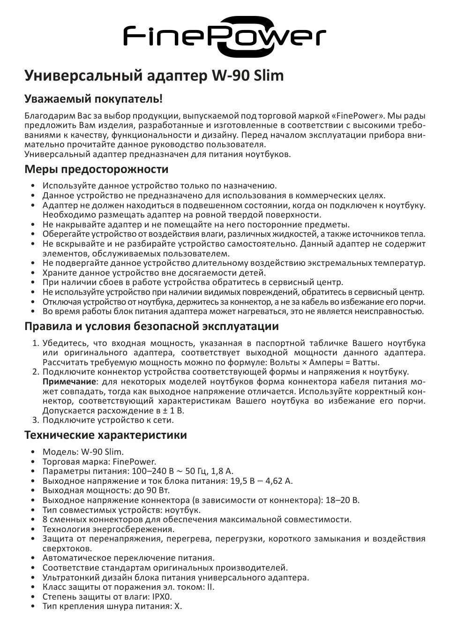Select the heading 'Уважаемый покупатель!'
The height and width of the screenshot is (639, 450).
tap(94, 99)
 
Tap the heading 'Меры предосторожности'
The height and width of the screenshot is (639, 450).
tap(96, 169)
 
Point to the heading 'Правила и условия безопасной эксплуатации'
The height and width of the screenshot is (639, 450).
tap(151, 326)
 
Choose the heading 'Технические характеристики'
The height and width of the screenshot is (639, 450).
tap(105, 435)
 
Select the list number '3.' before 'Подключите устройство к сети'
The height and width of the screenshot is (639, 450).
tap(35, 420)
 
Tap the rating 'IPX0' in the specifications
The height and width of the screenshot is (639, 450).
tap(161, 597)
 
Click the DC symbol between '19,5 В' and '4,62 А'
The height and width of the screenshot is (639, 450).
tap(260, 481)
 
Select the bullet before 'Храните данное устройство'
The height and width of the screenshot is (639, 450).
tap(33, 273)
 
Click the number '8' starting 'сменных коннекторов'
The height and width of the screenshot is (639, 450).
tap(45, 519)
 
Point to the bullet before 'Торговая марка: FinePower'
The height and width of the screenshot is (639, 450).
tap(33, 462)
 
